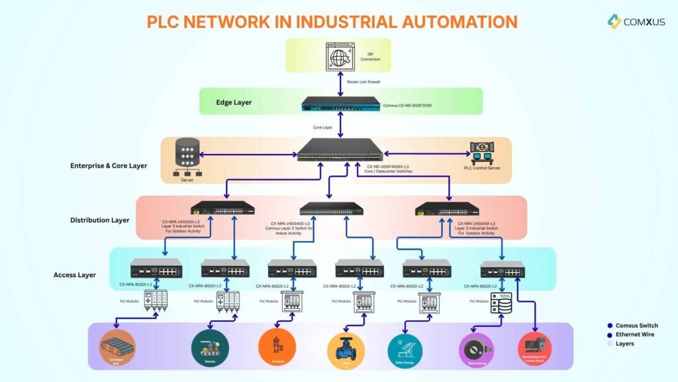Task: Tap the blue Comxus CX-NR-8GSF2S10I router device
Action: [x=340, y=104]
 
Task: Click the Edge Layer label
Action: [x=233, y=103]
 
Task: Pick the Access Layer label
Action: [x=75, y=275]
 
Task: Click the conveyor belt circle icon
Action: [x=117, y=347]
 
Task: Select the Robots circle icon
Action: [x=209, y=347]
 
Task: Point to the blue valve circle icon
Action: [x=346, y=348]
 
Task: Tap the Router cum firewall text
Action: [x=364, y=82]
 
